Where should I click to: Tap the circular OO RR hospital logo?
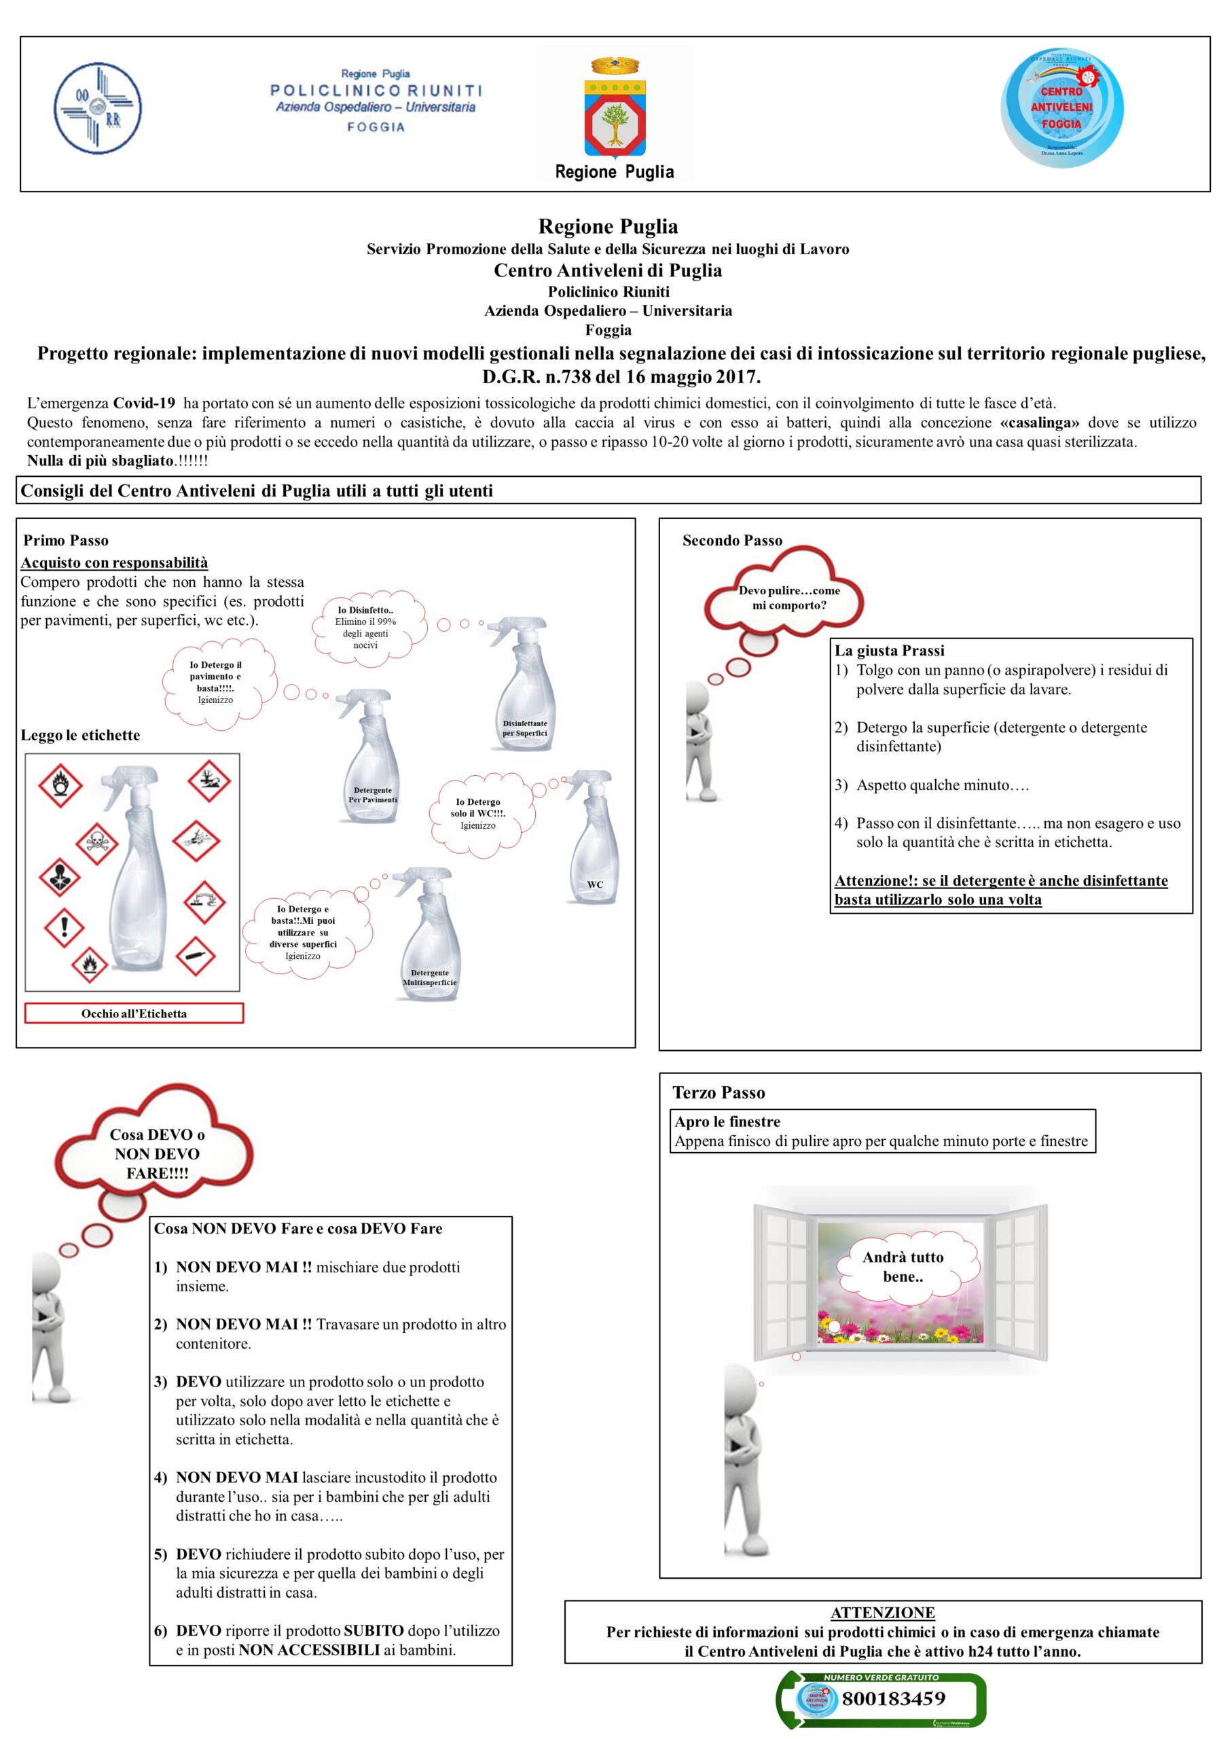pyautogui.click(x=98, y=108)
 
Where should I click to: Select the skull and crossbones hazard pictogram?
pyautogui.click(x=97, y=842)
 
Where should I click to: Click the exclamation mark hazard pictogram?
pyautogui.click(x=65, y=926)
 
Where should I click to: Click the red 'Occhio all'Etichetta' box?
pyautogui.click(x=134, y=1014)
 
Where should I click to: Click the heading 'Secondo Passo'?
pyautogui.click(x=731, y=540)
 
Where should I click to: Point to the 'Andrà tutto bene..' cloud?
pyautogui.click(x=903, y=1266)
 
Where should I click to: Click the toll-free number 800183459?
pyautogui.click(x=893, y=1699)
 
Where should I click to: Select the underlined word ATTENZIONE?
pyautogui.click(x=882, y=1613)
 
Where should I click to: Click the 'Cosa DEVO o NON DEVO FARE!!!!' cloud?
pyautogui.click(x=157, y=1153)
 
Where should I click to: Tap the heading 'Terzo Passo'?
pyautogui.click(x=719, y=1092)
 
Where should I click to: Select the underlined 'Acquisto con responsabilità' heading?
pyautogui.click(x=114, y=562)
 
